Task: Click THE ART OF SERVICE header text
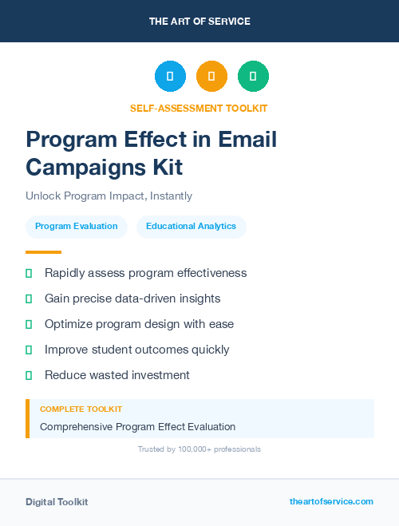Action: (x=199, y=22)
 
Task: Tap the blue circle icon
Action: (x=170, y=76)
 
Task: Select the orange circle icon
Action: (x=211, y=76)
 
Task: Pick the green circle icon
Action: (x=253, y=76)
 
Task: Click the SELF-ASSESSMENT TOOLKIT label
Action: (x=199, y=108)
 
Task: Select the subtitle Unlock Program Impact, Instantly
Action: (x=109, y=196)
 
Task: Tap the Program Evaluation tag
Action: (x=76, y=226)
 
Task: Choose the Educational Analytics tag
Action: (x=191, y=226)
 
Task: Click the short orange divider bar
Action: (x=43, y=252)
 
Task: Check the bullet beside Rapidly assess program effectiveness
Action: (x=29, y=273)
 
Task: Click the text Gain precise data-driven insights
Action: (x=132, y=299)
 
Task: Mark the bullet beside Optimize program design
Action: (x=29, y=324)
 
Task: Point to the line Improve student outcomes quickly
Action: (x=136, y=350)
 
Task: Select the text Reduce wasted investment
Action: (x=117, y=375)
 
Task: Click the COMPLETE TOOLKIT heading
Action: (x=81, y=409)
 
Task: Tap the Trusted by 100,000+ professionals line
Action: (x=199, y=449)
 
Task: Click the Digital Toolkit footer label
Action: (x=57, y=502)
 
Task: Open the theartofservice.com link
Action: (x=331, y=501)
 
